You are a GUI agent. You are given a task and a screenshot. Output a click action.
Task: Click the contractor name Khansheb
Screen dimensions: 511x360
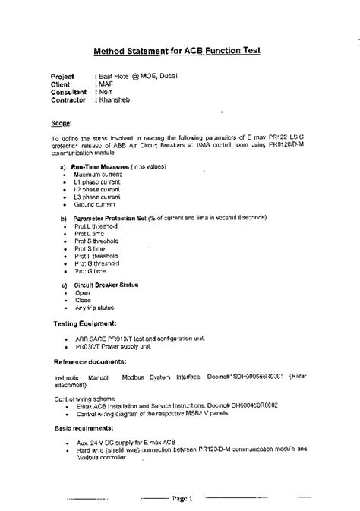click(x=114, y=100)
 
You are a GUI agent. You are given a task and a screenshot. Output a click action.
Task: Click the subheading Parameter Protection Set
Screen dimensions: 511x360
click(x=112, y=218)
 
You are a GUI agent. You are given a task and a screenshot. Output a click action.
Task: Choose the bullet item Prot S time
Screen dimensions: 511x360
click(x=90, y=248)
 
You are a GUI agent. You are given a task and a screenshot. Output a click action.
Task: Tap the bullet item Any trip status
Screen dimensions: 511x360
click(x=94, y=308)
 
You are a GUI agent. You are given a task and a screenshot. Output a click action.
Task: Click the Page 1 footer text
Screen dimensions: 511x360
click(x=183, y=498)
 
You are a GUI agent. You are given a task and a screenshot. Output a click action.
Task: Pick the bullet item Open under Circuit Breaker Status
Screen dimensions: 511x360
click(x=82, y=292)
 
